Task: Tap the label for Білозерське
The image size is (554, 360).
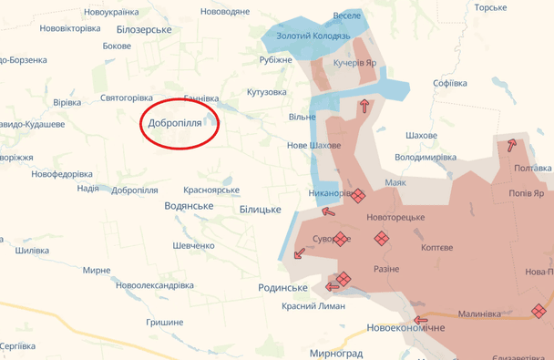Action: tap(144, 30)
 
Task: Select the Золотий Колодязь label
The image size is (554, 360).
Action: tap(313, 36)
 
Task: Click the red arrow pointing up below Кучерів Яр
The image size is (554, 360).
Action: tap(365, 106)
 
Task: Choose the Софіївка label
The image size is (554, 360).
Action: tap(450, 83)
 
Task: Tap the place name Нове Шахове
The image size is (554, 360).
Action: tap(313, 146)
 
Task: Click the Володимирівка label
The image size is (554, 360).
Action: tap(426, 157)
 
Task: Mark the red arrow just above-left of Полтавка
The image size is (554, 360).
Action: tap(512, 144)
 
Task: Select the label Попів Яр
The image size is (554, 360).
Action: tap(526, 193)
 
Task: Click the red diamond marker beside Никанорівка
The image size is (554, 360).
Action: tap(358, 195)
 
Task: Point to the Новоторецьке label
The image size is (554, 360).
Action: tap(395, 218)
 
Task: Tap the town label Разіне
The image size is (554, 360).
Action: tap(386, 270)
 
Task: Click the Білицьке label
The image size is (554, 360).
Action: tap(261, 210)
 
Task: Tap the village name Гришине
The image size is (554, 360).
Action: tap(164, 322)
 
